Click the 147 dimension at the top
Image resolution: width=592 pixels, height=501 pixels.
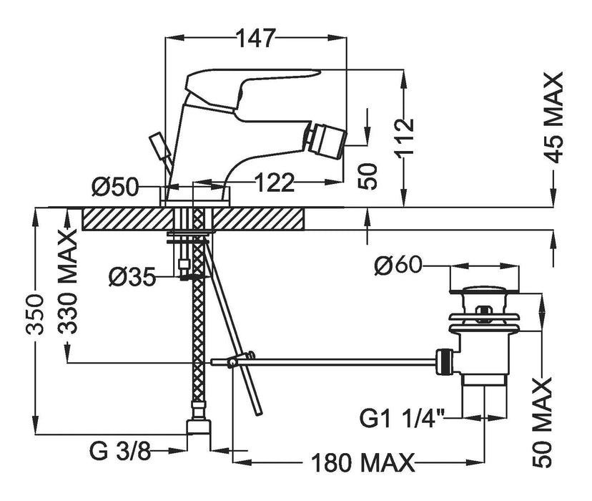click(255, 37)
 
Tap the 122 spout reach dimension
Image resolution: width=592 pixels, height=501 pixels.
click(275, 183)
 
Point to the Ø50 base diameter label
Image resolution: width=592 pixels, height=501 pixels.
click(115, 187)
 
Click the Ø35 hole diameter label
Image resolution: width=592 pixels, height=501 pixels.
click(132, 277)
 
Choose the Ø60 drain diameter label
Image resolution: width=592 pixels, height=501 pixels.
click(398, 266)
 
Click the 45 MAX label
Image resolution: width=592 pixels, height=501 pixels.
click(554, 117)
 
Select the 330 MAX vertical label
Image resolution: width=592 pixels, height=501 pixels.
click(67, 283)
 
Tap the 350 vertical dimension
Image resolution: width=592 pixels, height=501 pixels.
click(35, 314)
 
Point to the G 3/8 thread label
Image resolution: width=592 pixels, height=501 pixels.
click(120, 451)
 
